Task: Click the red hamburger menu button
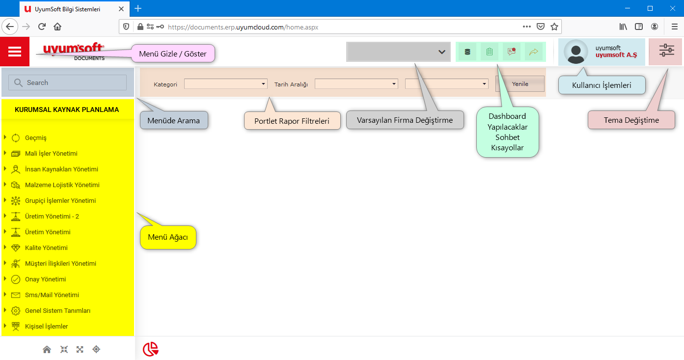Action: [x=15, y=52]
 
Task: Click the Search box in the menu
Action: [x=68, y=83]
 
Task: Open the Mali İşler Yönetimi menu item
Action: [x=51, y=154]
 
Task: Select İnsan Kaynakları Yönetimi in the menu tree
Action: [x=61, y=169]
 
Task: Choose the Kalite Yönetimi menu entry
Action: [x=46, y=248]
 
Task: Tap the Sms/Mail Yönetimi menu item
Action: [x=52, y=295]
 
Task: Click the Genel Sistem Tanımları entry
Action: [x=57, y=311]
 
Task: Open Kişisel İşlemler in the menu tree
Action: [x=46, y=327]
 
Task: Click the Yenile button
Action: [x=520, y=84]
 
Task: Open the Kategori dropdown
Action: [x=226, y=84]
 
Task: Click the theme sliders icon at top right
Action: [x=666, y=51]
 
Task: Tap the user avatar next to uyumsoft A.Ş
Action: [x=576, y=52]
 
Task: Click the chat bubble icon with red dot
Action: [x=511, y=52]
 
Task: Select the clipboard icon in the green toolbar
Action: [x=489, y=52]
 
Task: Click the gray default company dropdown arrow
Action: [x=441, y=52]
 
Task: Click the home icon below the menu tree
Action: [x=47, y=350]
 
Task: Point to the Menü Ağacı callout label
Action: [x=168, y=238]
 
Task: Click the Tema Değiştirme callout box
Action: [x=631, y=120]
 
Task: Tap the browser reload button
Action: [x=42, y=27]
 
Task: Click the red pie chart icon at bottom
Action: [x=151, y=349]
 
